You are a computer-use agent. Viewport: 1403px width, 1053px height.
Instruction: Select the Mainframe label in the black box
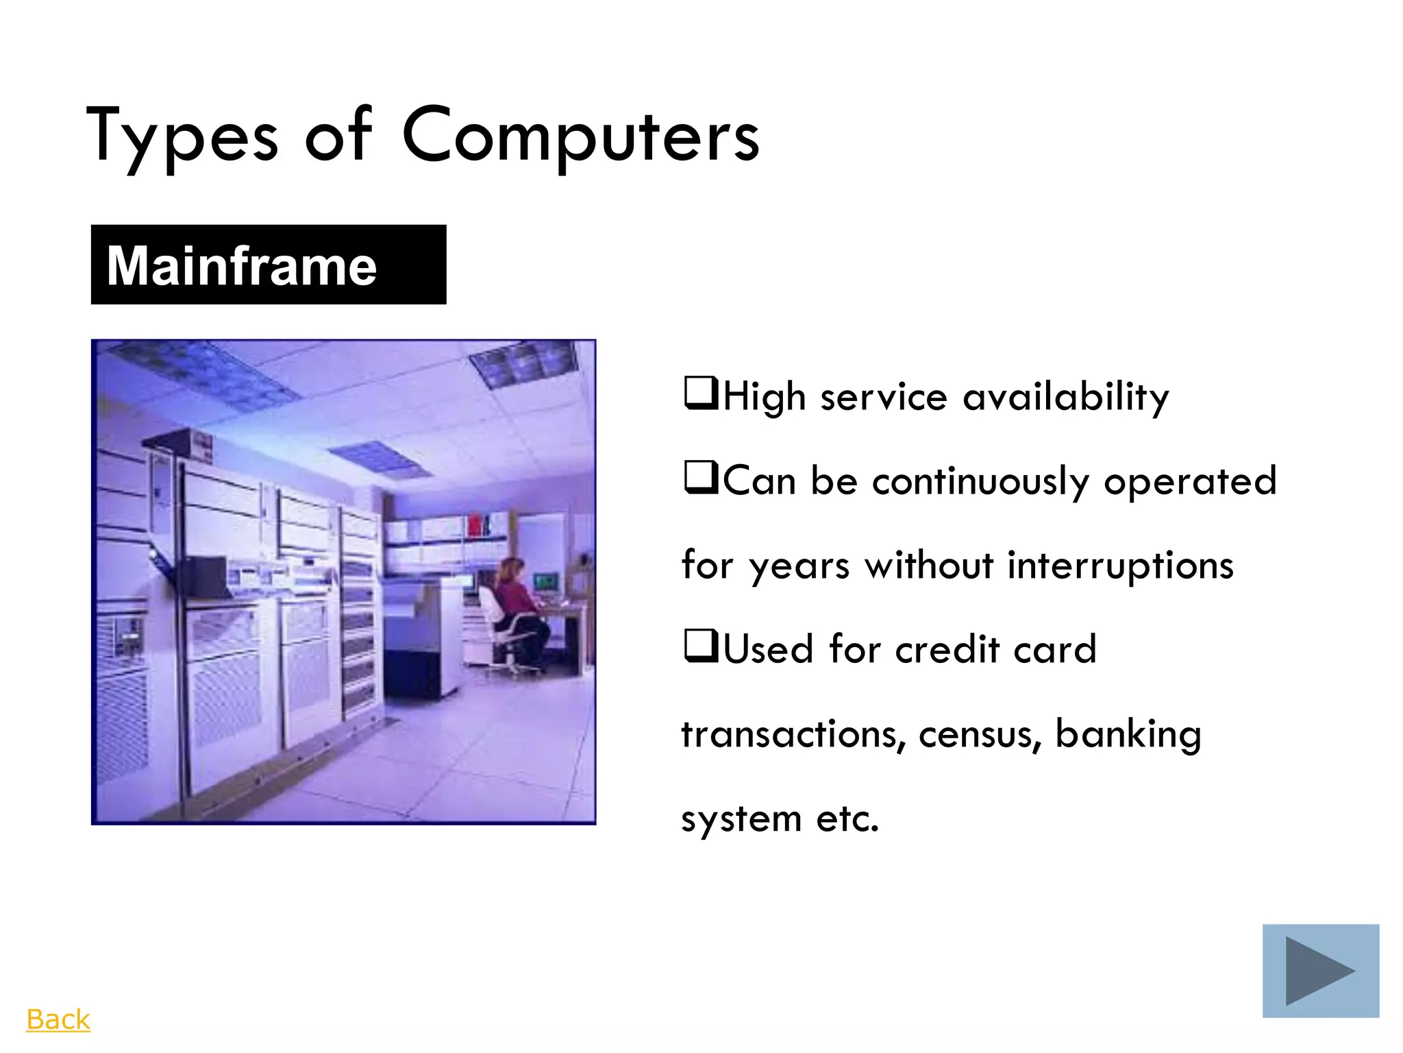click(x=241, y=265)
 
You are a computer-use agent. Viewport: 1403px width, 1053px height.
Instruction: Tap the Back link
click(x=58, y=1019)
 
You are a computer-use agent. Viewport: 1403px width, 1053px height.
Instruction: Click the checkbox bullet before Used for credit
click(x=700, y=646)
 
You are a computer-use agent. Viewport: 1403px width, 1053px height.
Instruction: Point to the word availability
click(x=1065, y=397)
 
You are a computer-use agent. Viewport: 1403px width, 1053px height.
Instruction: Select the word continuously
click(x=980, y=481)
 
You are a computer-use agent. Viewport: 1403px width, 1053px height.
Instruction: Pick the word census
click(x=980, y=734)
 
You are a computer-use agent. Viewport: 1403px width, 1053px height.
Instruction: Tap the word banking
click(x=1128, y=734)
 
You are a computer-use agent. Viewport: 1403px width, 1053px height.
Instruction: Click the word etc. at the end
click(x=847, y=819)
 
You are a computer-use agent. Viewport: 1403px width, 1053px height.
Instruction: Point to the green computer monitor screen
click(x=546, y=583)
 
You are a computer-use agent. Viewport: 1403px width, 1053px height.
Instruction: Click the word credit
click(x=947, y=650)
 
